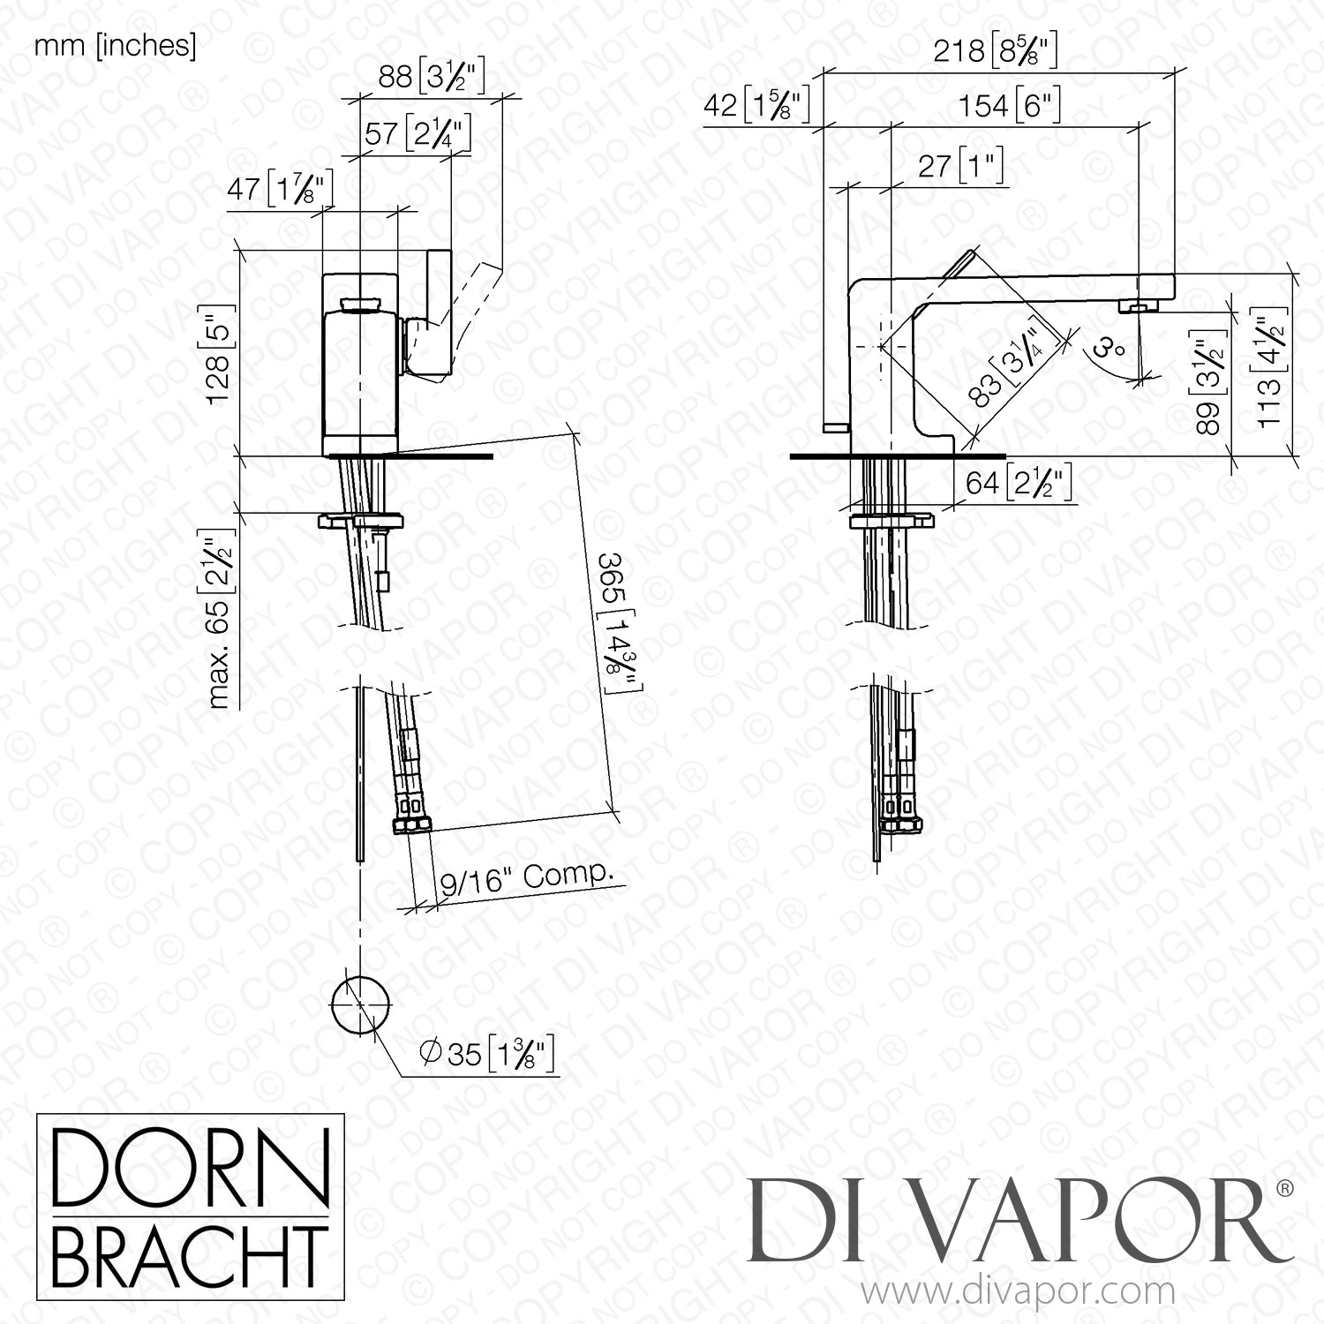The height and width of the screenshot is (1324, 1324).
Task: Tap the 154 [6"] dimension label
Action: (1009, 107)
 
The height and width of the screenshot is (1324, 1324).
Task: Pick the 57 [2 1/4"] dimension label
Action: (418, 135)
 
